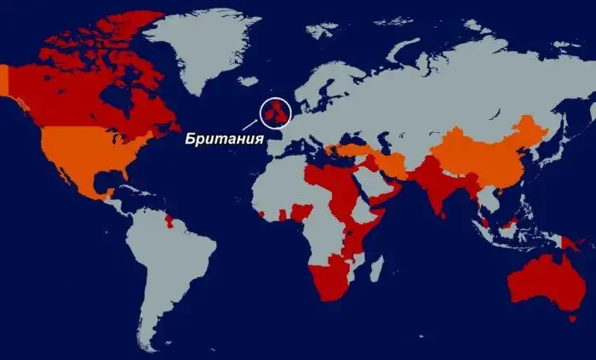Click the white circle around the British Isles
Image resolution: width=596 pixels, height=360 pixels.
click(276, 111)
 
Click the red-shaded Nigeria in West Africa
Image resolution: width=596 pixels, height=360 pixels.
click(301, 212)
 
